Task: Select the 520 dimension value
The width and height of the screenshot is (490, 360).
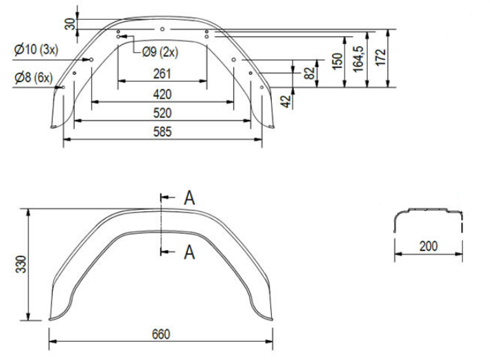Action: (162, 112)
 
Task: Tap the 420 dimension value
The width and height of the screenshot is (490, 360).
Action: (162, 93)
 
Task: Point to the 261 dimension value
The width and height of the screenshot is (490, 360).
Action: (162, 73)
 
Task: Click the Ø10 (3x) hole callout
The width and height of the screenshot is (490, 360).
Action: (39, 49)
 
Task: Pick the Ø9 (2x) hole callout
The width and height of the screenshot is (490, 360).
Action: (160, 51)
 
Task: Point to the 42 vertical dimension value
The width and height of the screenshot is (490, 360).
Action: (285, 101)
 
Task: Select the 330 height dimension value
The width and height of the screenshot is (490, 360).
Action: (21, 264)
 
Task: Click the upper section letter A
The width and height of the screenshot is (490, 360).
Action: (189, 198)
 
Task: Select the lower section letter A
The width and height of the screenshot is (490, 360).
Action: (189, 252)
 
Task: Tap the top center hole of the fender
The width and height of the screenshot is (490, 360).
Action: (162, 29)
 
